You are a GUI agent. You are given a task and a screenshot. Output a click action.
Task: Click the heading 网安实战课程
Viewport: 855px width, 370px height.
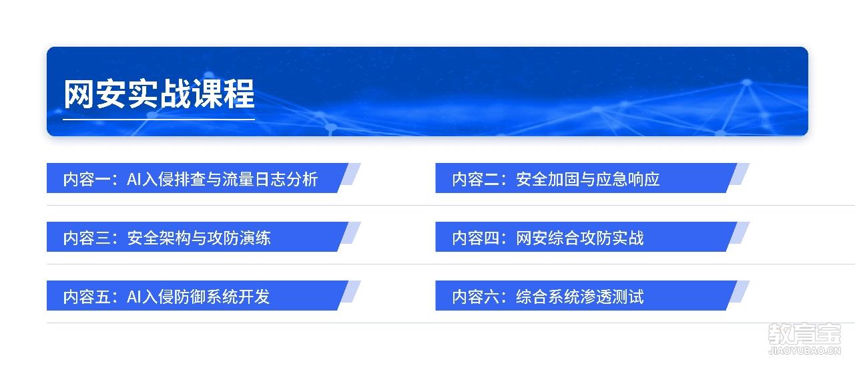(159, 94)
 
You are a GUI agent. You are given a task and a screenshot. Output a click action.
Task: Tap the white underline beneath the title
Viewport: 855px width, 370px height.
(159, 120)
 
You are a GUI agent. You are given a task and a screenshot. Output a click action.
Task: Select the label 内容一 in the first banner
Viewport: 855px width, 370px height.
(87, 179)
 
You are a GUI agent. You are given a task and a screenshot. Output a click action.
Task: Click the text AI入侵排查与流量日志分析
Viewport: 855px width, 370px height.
(222, 179)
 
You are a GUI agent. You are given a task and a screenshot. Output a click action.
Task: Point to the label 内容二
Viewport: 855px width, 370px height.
(476, 179)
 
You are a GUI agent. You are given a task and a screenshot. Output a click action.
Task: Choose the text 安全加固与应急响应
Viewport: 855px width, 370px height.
(588, 179)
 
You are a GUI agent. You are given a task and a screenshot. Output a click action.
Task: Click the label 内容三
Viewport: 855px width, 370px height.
(87, 238)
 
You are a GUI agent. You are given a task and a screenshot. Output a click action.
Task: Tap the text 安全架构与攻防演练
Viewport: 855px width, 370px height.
(199, 238)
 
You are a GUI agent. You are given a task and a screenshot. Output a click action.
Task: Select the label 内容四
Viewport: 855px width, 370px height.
(476, 238)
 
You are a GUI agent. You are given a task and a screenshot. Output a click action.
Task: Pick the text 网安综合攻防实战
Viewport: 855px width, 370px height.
(580, 238)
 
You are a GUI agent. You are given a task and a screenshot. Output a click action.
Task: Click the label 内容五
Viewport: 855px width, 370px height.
(87, 297)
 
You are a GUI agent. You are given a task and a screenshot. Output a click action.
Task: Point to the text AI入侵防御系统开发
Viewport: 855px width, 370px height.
(198, 297)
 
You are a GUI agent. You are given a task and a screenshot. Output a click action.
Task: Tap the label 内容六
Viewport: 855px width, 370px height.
(476, 297)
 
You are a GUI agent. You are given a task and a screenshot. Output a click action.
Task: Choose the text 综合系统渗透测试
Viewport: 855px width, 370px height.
(580, 297)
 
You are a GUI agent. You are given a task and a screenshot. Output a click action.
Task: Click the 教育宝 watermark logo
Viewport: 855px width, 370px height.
(805, 334)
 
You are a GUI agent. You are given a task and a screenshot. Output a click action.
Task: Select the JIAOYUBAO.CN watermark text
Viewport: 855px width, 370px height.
(805, 351)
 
